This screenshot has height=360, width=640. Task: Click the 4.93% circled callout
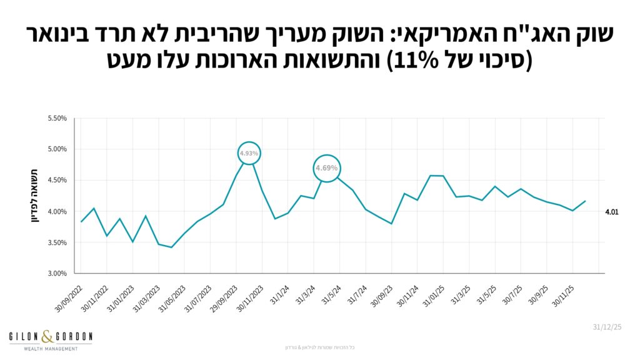point(249,153)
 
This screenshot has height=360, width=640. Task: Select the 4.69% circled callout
point(326,168)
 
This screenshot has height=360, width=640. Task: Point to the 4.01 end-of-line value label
point(612,212)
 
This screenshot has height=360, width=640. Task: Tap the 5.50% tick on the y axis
point(57,118)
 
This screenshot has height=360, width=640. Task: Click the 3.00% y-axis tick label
point(57,274)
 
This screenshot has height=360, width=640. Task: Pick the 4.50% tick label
point(57,181)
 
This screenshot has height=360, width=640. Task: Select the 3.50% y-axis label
point(57,242)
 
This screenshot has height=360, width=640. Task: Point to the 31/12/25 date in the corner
point(606,327)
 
